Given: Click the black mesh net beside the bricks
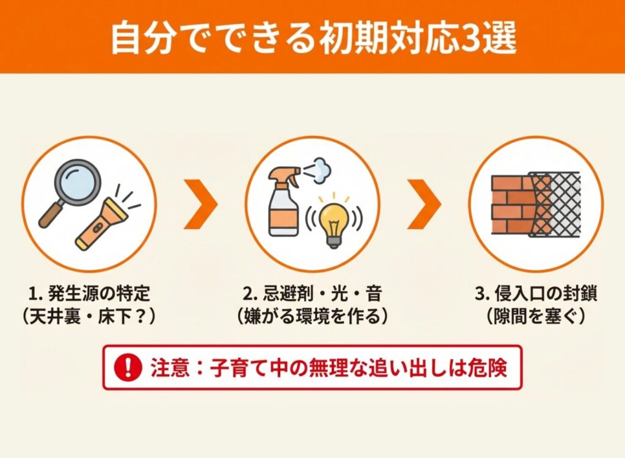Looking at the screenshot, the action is (x=555, y=204).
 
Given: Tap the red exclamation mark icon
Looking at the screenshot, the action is (x=128, y=368).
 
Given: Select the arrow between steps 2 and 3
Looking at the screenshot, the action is (x=424, y=204).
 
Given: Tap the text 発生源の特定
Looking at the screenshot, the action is (x=98, y=294).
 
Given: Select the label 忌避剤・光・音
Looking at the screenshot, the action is (x=322, y=294).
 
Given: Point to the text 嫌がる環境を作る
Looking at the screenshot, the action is (x=312, y=317).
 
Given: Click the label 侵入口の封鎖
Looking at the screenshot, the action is (x=546, y=294).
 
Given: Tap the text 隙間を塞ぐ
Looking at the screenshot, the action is (x=536, y=317).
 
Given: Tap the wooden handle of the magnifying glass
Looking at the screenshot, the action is (x=51, y=216).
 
